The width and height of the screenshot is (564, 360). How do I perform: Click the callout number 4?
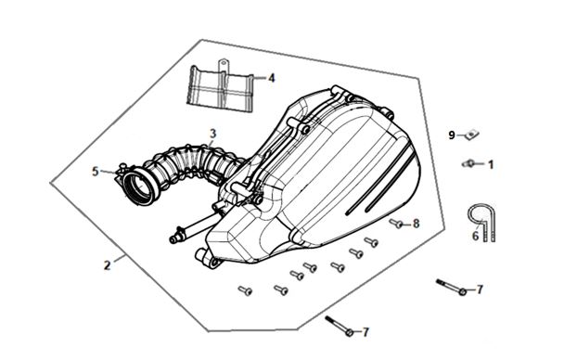271,78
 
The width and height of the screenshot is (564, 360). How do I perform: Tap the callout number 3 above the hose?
213,134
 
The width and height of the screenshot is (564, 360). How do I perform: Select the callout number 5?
95,172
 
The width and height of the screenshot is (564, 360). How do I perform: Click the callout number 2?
107,265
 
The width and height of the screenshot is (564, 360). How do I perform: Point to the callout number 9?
452,135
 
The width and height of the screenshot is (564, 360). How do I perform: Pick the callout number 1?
491,165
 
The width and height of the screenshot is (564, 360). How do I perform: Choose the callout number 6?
475,237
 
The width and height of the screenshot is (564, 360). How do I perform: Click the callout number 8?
416,224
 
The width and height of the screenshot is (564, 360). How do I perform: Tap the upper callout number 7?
479,289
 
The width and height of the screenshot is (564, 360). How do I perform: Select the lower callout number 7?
365,332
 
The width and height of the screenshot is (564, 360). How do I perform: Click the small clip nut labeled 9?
471,135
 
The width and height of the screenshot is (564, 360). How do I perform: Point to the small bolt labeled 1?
468,163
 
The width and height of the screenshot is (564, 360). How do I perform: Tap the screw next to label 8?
396,224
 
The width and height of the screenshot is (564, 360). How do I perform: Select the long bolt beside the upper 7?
451,287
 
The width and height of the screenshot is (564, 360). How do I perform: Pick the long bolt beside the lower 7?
340,326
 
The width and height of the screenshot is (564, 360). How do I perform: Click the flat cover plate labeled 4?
220,86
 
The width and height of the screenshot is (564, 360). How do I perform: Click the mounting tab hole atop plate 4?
223,64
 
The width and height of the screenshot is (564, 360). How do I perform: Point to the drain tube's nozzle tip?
173,239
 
